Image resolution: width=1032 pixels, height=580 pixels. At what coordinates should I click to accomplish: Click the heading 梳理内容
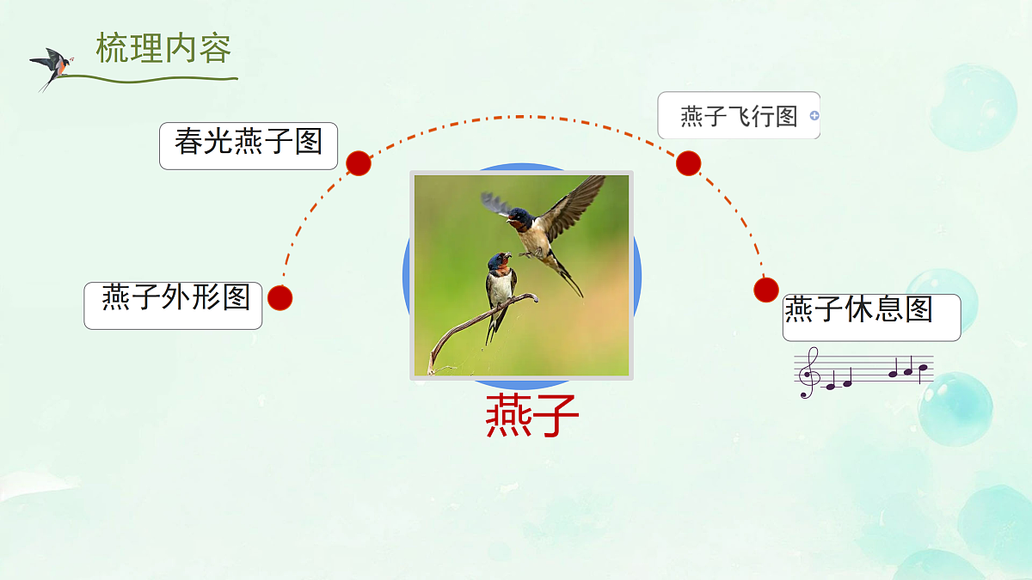click(x=163, y=48)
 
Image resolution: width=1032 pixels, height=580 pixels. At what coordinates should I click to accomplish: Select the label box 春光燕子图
click(x=249, y=145)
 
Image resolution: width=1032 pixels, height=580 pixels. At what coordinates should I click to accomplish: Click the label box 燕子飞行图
click(x=739, y=115)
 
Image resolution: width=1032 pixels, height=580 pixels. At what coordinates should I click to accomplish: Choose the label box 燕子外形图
click(x=173, y=305)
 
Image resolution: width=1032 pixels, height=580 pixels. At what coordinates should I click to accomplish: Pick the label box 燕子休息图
click(x=871, y=317)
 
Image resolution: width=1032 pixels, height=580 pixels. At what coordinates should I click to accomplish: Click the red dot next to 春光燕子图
click(x=359, y=163)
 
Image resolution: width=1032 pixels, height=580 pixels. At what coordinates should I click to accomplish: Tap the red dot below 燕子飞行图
click(x=688, y=163)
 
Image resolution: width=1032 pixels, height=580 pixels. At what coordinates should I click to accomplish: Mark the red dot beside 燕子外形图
click(x=280, y=298)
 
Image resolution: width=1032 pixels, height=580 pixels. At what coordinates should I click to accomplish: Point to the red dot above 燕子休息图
click(x=765, y=290)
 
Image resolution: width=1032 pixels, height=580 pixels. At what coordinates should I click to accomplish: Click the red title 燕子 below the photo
click(x=531, y=417)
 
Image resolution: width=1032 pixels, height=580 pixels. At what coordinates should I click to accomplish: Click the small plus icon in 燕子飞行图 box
click(x=814, y=115)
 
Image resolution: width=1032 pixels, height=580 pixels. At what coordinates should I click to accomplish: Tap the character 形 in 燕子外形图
click(x=206, y=297)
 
